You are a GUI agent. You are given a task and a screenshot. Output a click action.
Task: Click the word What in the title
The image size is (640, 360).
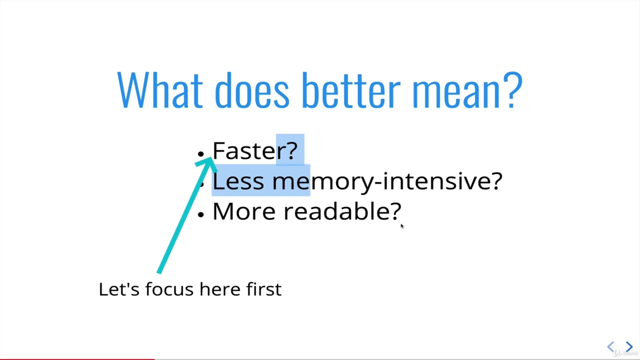click(x=160, y=90)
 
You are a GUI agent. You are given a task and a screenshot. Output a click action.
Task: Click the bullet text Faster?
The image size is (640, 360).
click(x=255, y=150)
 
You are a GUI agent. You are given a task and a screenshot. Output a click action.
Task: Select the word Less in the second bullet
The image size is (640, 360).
click(x=238, y=181)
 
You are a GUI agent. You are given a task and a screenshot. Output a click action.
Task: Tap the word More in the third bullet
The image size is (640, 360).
click(x=244, y=211)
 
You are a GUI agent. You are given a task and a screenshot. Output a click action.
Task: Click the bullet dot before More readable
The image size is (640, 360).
click(x=201, y=214)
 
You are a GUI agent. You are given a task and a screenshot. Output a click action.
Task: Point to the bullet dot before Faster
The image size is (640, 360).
click(x=201, y=153)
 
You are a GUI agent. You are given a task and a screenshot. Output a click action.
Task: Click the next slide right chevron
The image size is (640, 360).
click(x=629, y=346)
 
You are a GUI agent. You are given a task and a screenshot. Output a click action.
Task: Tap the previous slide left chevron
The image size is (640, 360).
click(x=610, y=346)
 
